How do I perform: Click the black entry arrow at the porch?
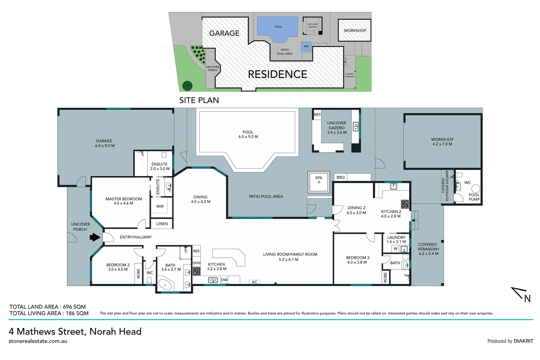[95, 237]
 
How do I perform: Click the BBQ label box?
[340, 177]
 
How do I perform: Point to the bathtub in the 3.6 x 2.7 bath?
[165, 285]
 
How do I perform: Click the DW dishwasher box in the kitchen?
[224, 280]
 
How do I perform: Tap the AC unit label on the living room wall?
[254, 282]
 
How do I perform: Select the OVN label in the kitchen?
[197, 263]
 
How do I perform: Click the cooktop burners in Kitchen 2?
[405, 204]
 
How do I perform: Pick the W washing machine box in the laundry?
[395, 249]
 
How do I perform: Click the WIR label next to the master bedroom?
[160, 206]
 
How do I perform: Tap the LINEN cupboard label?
[162, 224]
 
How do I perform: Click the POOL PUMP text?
[474, 197]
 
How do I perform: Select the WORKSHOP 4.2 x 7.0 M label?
[442, 142]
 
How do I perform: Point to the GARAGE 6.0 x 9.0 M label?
[105, 143]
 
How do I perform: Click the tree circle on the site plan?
[187, 86]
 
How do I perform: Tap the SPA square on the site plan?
[306, 46]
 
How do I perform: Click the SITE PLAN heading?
[199, 100]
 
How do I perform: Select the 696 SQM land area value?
[74, 307]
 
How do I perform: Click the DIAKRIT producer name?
[523, 341]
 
